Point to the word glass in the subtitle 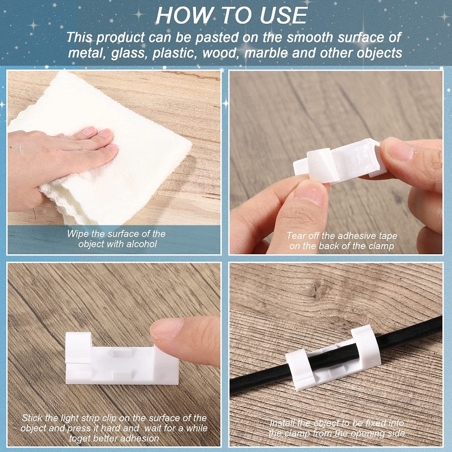point(125,53)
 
